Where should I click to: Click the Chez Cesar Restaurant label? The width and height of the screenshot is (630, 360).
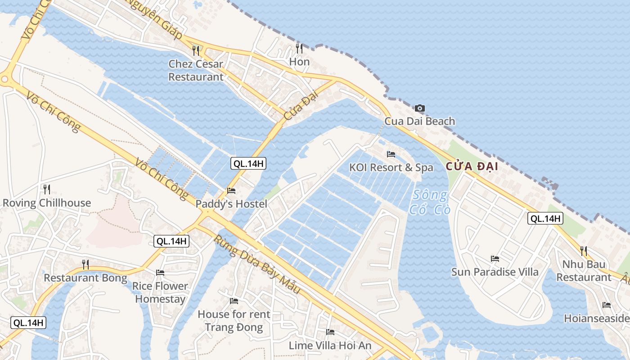coord(196,70)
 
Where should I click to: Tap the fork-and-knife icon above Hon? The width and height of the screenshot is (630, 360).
coord(299,48)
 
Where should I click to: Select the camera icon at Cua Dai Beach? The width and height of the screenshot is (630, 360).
coord(419,108)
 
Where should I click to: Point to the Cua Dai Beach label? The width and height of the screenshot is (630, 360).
coord(419,121)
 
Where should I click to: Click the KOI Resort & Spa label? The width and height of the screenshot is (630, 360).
coord(391,168)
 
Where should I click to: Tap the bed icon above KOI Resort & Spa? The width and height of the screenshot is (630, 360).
coord(391,154)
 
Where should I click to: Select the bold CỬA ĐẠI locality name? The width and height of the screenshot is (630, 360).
coord(472,166)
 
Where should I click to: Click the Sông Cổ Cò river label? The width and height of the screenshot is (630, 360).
coord(430,202)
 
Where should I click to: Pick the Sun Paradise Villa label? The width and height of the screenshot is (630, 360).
coord(495,272)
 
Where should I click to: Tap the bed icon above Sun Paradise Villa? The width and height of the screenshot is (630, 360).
coord(495,259)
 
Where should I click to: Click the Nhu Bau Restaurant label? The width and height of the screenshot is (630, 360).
coord(584,270)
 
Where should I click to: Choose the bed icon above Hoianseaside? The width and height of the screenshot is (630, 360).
coord(607,305)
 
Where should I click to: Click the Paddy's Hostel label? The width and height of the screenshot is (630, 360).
coord(231,204)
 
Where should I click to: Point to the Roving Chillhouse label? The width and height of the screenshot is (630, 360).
coord(47,203)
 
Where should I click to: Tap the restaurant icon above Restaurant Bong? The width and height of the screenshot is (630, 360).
coord(85,264)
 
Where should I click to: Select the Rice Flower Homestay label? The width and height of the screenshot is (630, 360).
coord(160,292)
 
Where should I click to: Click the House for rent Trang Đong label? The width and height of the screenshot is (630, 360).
coord(234,320)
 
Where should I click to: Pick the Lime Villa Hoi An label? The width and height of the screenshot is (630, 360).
coord(330,346)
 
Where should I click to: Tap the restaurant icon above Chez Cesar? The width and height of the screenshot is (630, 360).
coord(196,50)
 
